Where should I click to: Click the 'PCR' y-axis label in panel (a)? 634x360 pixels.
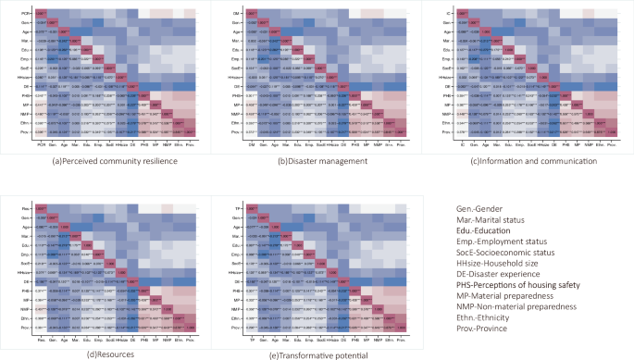pyautogui.click(x=29, y=10)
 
